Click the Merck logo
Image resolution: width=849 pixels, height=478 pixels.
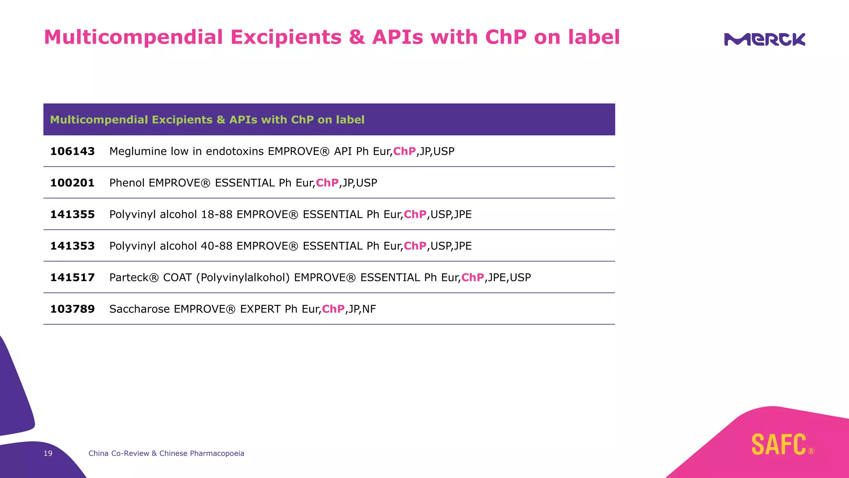(764, 39)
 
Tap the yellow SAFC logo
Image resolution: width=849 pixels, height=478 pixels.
(779, 444)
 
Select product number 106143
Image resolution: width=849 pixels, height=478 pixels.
(73, 151)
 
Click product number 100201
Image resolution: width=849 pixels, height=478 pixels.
(73, 183)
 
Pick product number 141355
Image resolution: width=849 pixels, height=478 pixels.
(73, 215)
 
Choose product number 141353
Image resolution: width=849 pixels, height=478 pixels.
(73, 246)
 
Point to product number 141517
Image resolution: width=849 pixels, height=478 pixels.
(73, 278)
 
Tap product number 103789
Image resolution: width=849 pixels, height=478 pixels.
(73, 309)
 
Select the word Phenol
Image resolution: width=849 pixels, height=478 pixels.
(127, 183)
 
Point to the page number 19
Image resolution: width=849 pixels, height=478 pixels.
(48, 454)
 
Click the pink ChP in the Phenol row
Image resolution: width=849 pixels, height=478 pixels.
(327, 183)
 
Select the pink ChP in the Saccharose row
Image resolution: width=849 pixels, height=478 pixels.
(333, 309)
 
